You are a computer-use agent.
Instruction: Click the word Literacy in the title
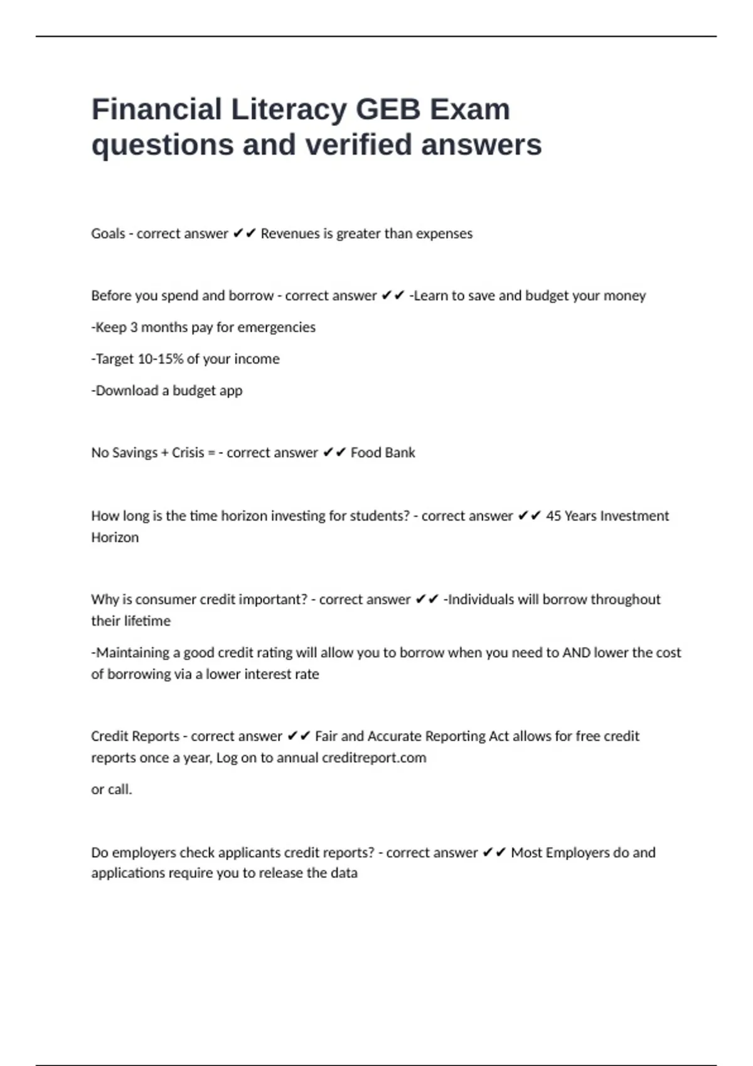[289, 110]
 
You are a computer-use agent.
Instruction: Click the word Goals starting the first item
[108, 234]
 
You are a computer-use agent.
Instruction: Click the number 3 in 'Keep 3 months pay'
[133, 327]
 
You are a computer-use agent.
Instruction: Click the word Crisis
[188, 453]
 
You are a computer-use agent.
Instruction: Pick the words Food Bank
[383, 453]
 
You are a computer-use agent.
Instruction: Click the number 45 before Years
[553, 516]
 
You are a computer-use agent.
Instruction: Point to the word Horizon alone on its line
[115, 537]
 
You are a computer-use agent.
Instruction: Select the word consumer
[166, 599]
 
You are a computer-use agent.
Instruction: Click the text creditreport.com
[374, 757]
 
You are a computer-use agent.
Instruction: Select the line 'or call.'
[112, 789]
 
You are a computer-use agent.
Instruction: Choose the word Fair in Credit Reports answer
[326, 736]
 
